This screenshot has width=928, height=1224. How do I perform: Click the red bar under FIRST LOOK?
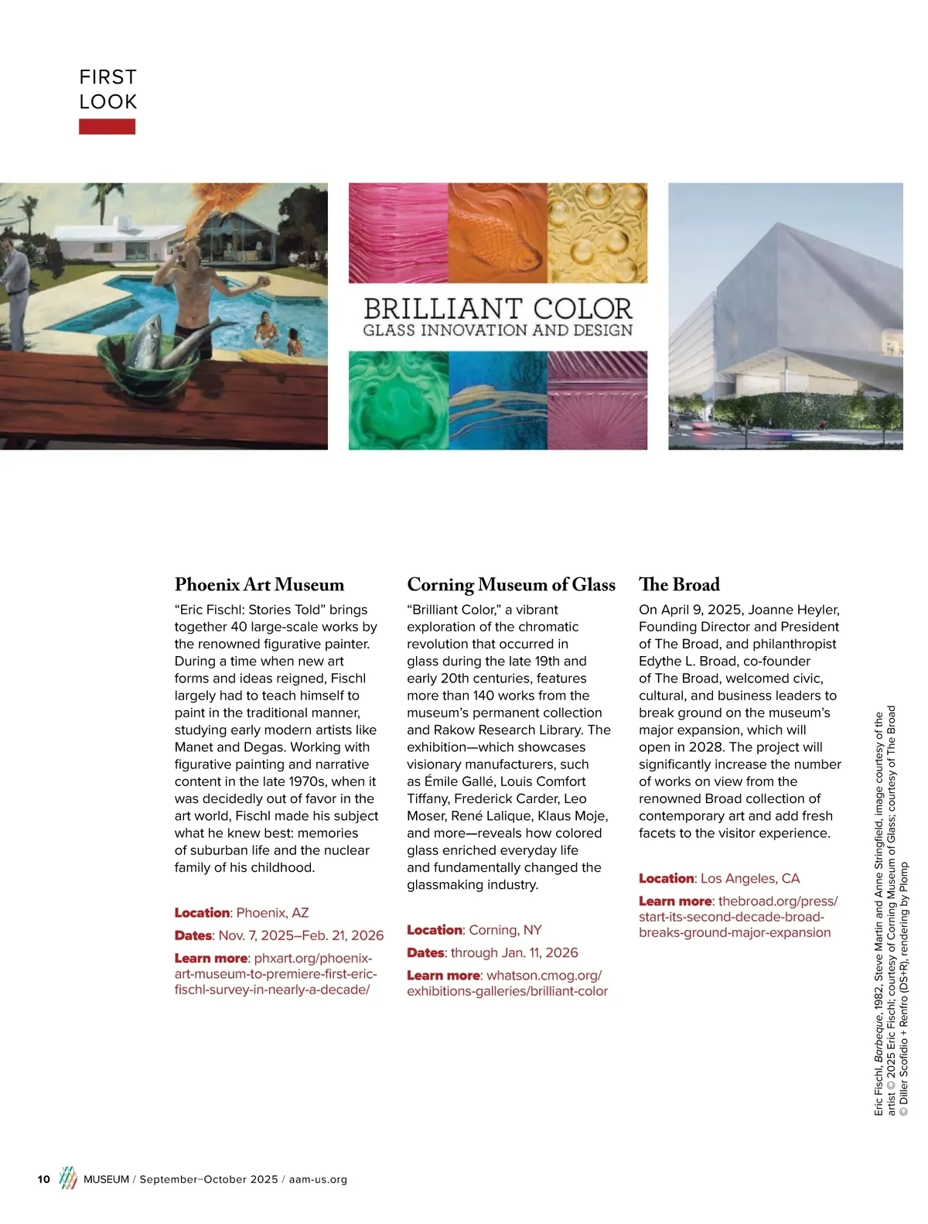click(x=107, y=126)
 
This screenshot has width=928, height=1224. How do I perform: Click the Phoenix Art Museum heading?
click(x=259, y=584)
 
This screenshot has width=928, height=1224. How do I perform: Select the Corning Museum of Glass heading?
click(x=511, y=584)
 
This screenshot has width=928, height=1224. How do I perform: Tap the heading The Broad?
click(x=679, y=584)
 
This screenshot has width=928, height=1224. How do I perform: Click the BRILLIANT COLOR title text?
click(x=498, y=309)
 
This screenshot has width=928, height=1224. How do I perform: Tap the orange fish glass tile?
click(x=497, y=232)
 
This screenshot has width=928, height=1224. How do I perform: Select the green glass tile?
click(x=397, y=399)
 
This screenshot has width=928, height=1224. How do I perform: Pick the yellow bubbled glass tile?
click(x=597, y=232)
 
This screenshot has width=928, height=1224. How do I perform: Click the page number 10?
click(x=44, y=1179)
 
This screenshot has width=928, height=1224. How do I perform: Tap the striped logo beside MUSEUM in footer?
click(x=69, y=1178)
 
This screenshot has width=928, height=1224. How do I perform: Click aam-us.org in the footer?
click(x=318, y=1179)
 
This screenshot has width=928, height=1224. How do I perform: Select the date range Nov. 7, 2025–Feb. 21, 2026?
click(x=301, y=935)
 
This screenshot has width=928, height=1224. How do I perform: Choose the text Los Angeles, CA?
click(x=750, y=878)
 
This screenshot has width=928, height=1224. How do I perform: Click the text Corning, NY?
click(x=505, y=930)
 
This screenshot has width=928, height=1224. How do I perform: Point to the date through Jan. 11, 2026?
click(x=514, y=952)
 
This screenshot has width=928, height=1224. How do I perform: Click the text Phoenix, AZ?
click(x=272, y=913)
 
